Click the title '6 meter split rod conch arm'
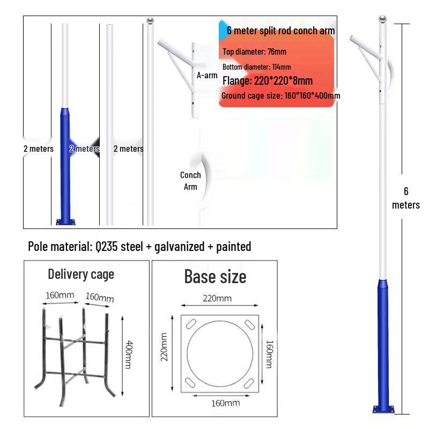click(280, 31)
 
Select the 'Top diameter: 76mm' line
click(254, 52)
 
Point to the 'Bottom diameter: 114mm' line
click(256, 67)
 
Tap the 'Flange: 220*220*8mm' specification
click(267, 81)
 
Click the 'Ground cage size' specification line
click(280, 96)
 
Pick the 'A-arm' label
click(207, 75)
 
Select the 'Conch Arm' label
click(190, 181)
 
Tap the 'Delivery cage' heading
click(81, 274)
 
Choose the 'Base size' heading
click(215, 276)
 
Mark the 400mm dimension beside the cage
click(129, 354)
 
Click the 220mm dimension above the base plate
click(217, 298)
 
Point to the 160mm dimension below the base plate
click(225, 403)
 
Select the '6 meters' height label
click(406, 198)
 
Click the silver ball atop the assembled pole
click(382, 20)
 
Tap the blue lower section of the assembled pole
click(383, 343)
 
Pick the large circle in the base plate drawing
click(220, 353)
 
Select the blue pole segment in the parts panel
click(68, 161)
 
